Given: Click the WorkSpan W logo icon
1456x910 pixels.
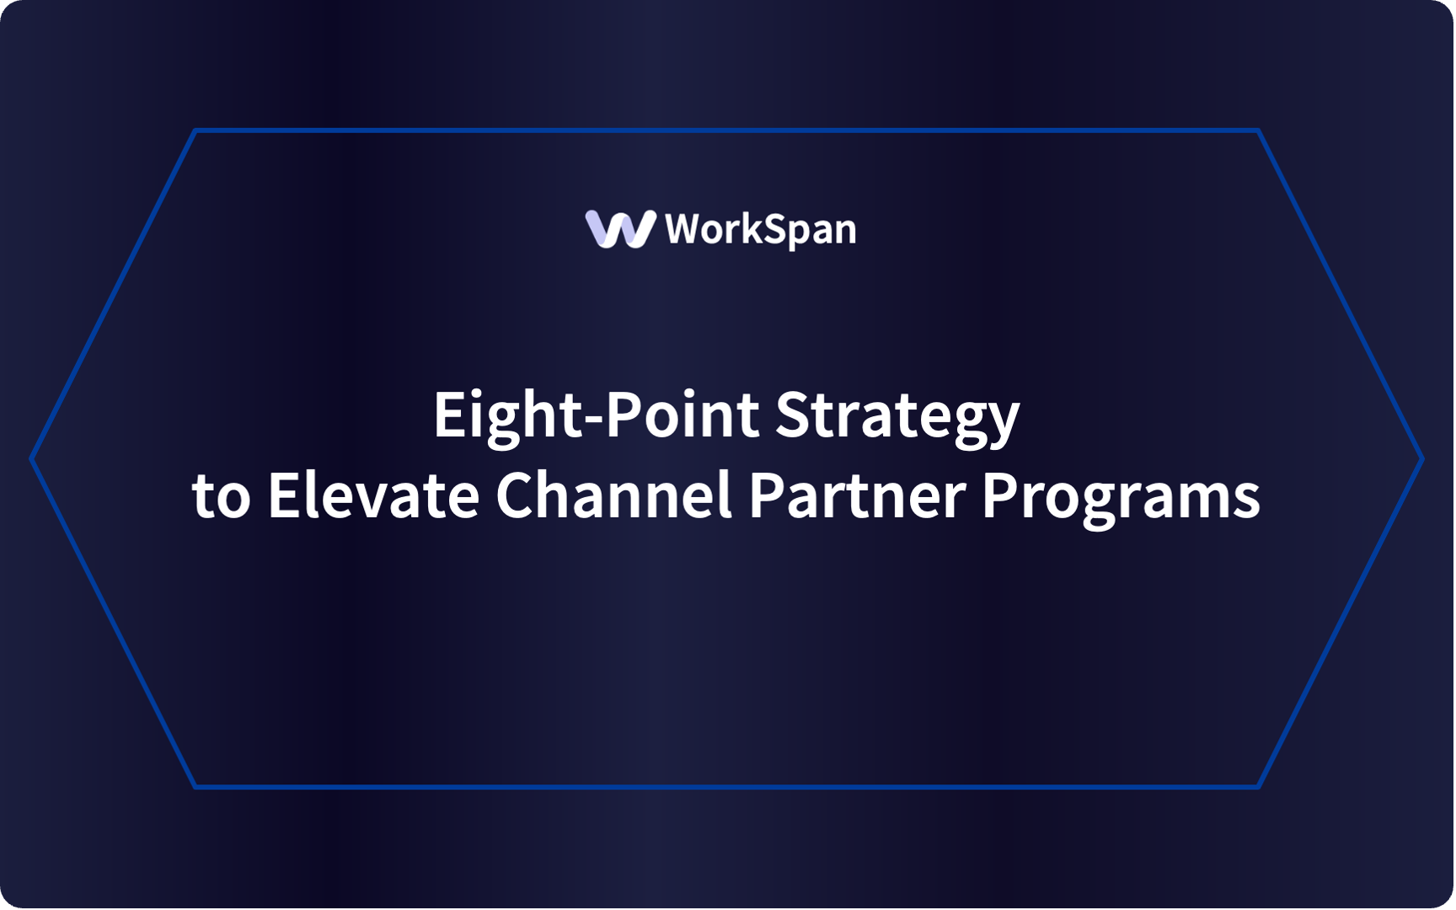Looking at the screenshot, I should click(x=620, y=229).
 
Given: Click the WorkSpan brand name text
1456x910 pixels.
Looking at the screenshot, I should click(x=760, y=229).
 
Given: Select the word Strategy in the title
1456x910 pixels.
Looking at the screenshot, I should click(x=897, y=415).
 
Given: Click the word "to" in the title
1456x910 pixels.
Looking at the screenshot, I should click(x=221, y=495).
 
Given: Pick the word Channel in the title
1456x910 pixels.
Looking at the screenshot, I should click(x=613, y=495).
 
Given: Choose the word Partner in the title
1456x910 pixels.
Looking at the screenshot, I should click(x=857, y=495).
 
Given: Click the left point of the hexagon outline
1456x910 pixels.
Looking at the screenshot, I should click(x=32, y=459).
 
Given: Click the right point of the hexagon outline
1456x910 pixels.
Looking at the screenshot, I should click(x=1422, y=459).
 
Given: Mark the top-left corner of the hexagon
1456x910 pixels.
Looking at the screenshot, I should click(x=195, y=131).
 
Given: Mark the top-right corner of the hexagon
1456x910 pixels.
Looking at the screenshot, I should click(x=1259, y=131).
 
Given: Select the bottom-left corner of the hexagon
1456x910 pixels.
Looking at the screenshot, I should click(x=195, y=787).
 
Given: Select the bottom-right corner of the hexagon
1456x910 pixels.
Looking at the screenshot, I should click(x=1259, y=787).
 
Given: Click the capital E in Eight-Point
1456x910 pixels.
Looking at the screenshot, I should click(x=448, y=415).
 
